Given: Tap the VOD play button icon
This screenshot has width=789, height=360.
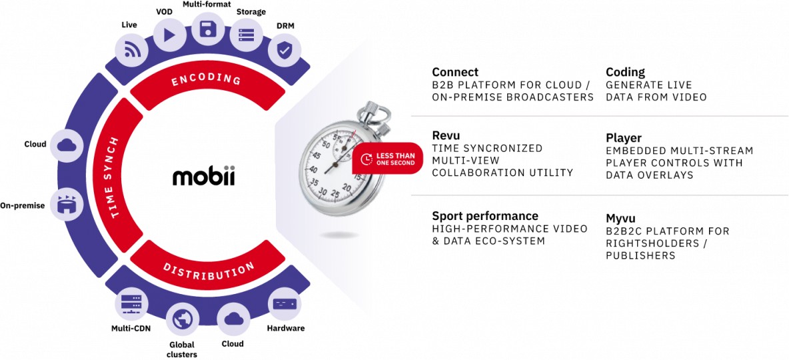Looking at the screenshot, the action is point(169,35).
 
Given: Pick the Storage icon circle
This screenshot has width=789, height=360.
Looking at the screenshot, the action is point(247,35).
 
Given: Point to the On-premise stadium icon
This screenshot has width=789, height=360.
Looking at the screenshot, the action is point(67,205).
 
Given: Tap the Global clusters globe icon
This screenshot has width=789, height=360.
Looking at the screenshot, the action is point(182,320).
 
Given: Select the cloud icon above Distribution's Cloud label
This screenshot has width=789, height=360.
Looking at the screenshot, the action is point(233,318).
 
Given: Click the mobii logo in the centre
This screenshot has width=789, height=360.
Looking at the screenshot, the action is point(203,177).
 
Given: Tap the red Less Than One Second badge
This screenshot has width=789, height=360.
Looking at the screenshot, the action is point(386,159).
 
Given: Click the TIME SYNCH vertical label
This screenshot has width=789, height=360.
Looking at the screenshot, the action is point(115,177).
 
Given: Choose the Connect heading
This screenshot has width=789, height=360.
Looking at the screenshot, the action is point(455,72).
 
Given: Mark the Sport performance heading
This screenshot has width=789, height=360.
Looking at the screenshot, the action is point(485,217).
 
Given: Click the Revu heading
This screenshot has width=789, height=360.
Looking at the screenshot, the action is point(446,137).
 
